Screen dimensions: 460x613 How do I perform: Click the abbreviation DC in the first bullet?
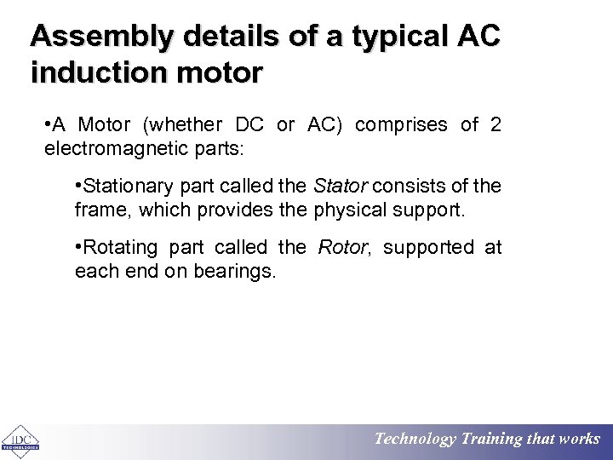pos(249,125)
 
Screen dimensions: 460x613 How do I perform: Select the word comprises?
pos(401,125)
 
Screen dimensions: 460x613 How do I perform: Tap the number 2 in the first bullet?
pos(496,125)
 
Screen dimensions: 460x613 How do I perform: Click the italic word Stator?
pos(341,187)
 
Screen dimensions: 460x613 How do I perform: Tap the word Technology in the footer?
pos(415,440)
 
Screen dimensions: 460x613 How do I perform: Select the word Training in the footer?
pos(493,440)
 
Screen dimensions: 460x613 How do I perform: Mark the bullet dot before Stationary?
pos(78,186)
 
